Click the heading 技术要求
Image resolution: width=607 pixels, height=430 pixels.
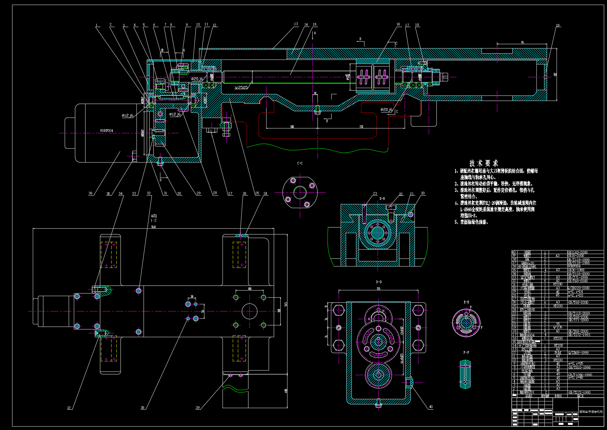pyautogui.click(x=483, y=163)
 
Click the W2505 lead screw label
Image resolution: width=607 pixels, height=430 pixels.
pyautogui.click(x=241, y=88)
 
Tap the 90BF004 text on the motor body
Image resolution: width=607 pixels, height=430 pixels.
pyautogui.click(x=106, y=131)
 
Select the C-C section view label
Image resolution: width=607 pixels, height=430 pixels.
pyautogui.click(x=300, y=163)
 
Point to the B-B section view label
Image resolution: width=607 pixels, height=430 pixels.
pyautogui.click(x=382, y=198)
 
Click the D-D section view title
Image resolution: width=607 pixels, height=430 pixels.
pyautogui.click(x=379, y=282)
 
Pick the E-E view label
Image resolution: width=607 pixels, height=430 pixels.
pyautogui.click(x=466, y=302)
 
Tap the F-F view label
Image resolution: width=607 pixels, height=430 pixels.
pyautogui.click(x=466, y=352)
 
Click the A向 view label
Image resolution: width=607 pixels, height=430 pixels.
pyautogui.click(x=154, y=216)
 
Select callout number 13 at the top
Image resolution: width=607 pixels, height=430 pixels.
pyautogui.click(x=296, y=24)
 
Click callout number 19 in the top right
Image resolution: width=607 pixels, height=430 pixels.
pyautogui.click(x=558, y=25)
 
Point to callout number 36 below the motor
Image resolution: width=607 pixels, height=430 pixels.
pyautogui.click(x=90, y=193)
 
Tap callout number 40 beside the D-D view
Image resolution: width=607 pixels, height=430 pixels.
pyautogui.click(x=431, y=407)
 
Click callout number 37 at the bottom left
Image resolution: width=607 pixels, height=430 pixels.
pyautogui.click(x=69, y=408)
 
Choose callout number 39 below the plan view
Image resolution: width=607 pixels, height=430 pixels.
pyautogui.click(x=198, y=408)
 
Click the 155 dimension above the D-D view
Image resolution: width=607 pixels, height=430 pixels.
pyautogui.click(x=378, y=289)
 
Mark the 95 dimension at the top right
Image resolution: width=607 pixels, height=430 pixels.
pyautogui.click(x=522, y=42)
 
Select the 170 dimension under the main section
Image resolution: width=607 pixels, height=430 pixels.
pyautogui.click(x=361, y=127)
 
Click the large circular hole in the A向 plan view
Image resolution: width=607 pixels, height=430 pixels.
pyautogui.click(x=249, y=311)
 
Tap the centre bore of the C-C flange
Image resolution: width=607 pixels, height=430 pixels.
pyautogui.click(x=300, y=192)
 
